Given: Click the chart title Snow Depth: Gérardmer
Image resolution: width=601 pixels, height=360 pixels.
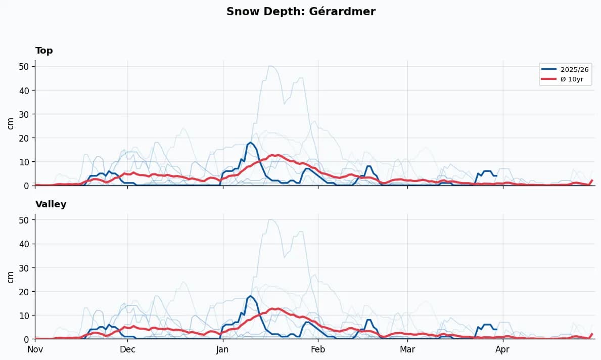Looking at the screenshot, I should (301, 11).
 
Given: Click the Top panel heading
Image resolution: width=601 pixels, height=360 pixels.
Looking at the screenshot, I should (44, 51).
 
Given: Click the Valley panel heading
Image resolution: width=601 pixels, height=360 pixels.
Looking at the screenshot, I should (51, 204).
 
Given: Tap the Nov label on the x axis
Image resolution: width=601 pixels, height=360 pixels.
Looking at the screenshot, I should (35, 349).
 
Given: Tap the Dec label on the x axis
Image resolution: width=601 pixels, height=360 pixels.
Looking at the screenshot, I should (127, 349).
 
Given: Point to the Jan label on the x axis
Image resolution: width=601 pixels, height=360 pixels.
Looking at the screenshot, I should (222, 349).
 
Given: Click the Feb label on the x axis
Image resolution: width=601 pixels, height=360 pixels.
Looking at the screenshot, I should (318, 349).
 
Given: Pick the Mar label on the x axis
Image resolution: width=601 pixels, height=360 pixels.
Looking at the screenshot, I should (407, 349).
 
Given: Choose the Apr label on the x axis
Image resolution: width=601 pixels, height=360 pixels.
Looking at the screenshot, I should (502, 349).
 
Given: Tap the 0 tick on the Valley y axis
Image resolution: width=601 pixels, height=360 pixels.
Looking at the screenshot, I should (26, 339).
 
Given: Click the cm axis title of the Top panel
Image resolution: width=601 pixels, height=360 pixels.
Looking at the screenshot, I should (11, 123).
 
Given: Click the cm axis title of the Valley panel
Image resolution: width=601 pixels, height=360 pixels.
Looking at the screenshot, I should (11, 277).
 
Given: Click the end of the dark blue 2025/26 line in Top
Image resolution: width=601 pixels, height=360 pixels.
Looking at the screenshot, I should (497, 175).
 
